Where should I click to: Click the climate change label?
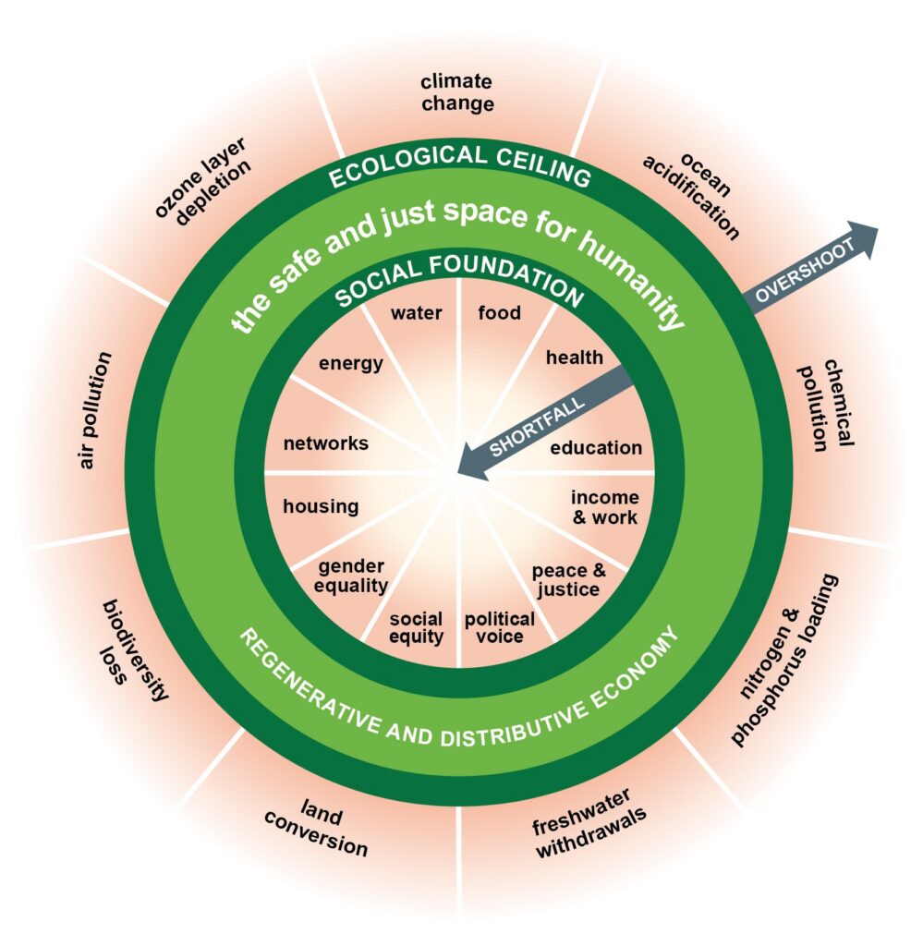[457, 91]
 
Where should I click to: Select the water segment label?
[416, 313]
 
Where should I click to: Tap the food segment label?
[499, 313]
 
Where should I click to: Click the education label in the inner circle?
[596, 448]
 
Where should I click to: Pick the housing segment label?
[321, 506]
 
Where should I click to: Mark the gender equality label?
[352, 576]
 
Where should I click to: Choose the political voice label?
[499, 627]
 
